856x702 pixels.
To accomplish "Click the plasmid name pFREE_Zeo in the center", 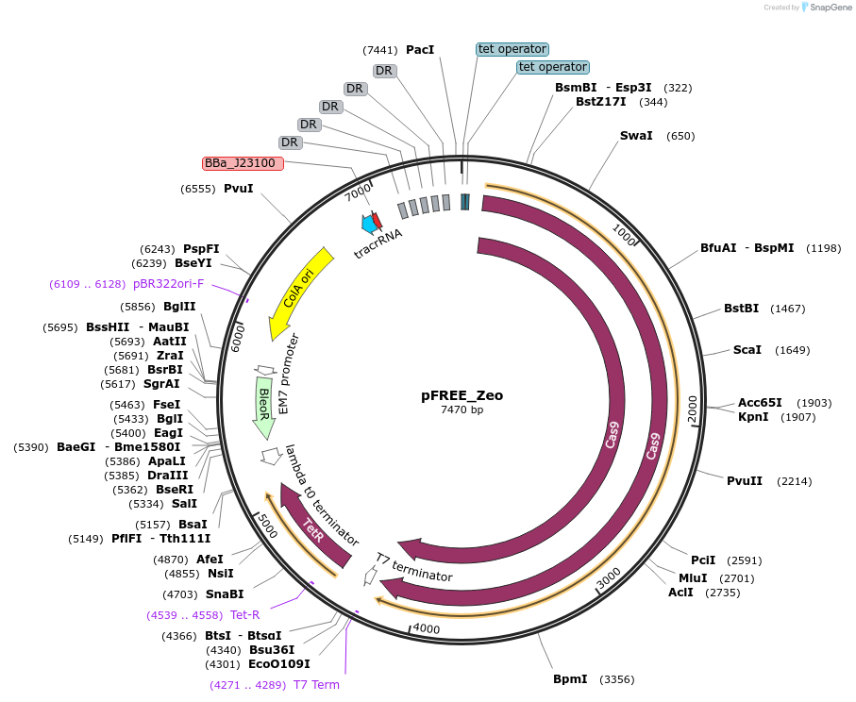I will [462, 396].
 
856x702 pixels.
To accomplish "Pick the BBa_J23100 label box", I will [243, 163].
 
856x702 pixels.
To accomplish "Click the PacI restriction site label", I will [420, 49].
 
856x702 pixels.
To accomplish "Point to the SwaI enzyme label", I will [636, 136].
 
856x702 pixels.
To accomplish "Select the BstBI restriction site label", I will [741, 309].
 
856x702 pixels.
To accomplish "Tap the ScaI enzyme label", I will [747, 350].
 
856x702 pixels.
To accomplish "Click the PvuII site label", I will [745, 481].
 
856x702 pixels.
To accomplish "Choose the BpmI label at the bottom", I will [570, 679].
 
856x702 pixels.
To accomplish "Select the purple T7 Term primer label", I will [316, 685].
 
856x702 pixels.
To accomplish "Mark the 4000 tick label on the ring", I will [427, 629].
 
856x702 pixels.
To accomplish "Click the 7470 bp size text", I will [462, 410].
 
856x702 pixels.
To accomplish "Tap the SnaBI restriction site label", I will [225, 594].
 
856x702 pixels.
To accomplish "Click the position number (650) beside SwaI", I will [680, 136].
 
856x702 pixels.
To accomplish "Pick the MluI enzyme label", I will [693, 578].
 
